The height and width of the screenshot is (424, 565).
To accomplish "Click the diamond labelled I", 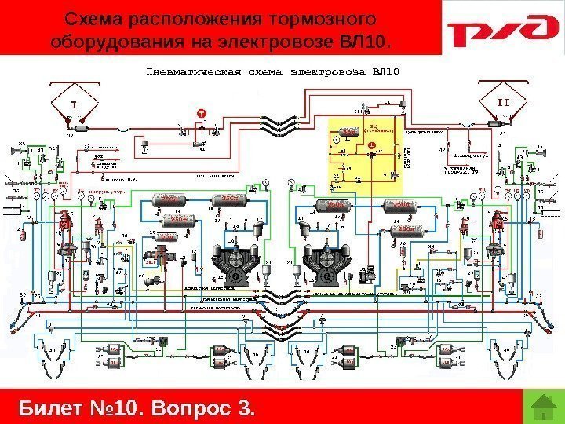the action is click(x=75, y=104).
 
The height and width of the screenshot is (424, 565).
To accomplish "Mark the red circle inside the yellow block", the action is click(x=371, y=146).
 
